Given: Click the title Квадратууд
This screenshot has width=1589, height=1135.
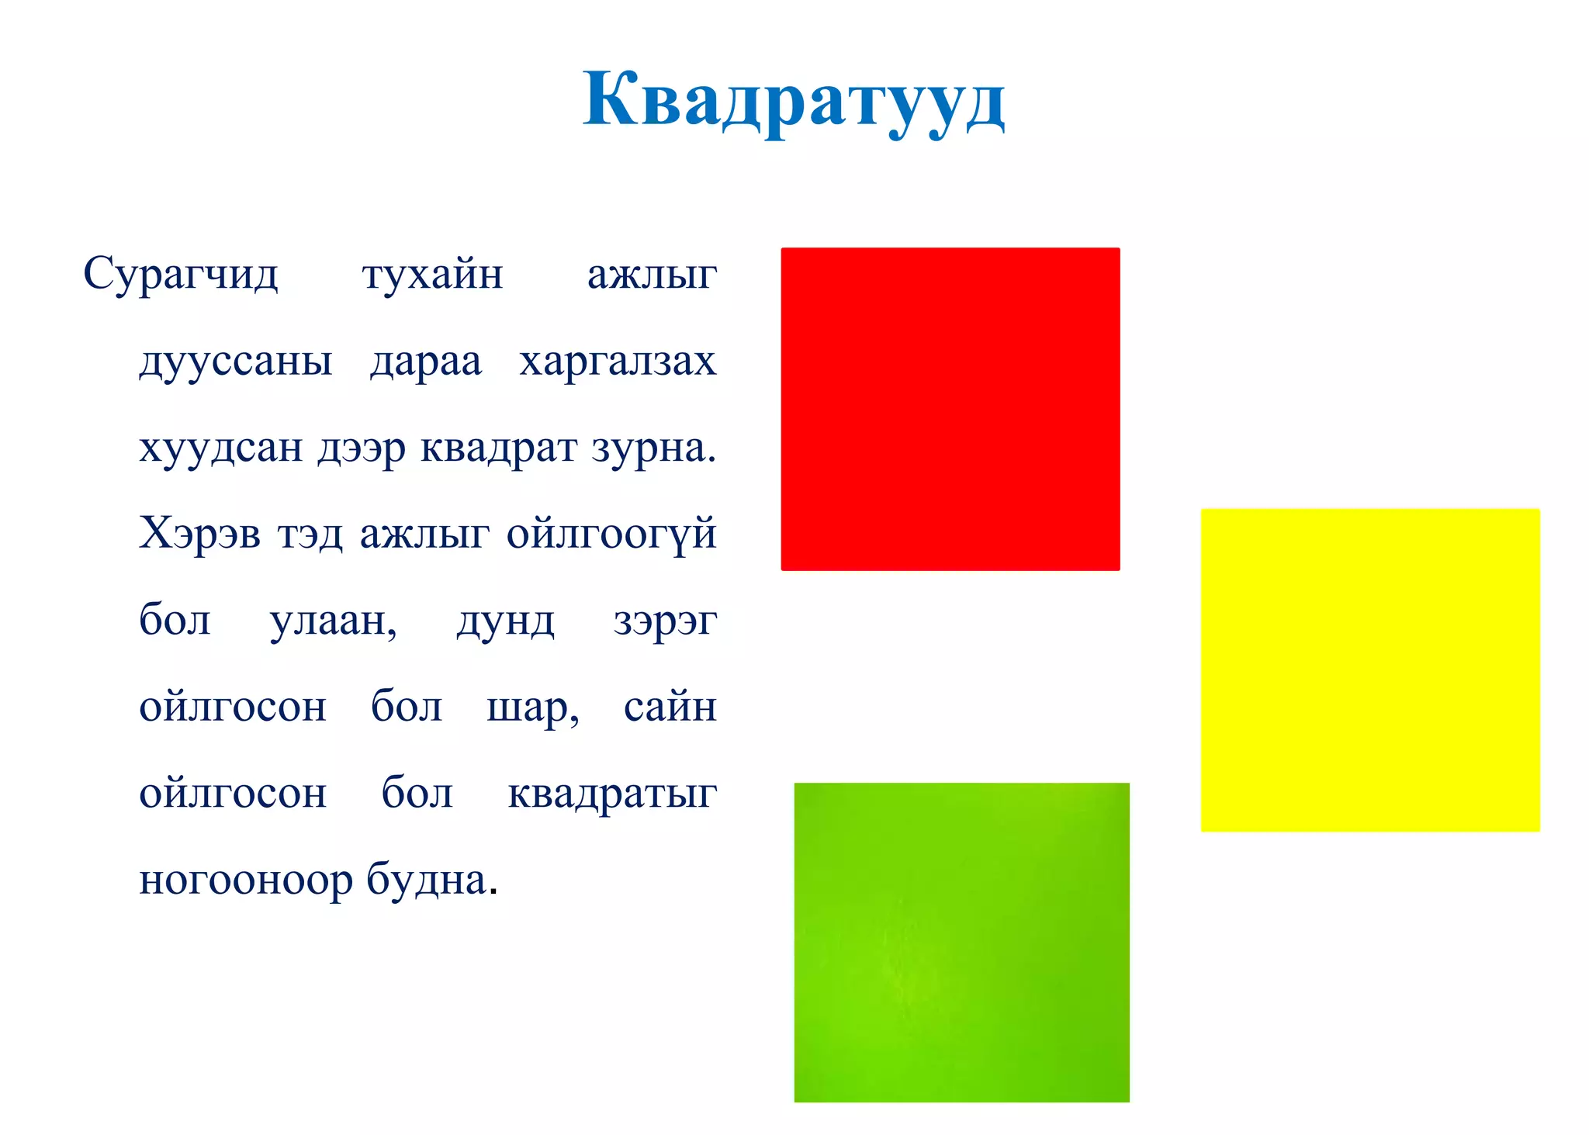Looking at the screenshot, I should (794, 101).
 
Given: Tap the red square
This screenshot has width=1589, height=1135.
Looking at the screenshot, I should (950, 409).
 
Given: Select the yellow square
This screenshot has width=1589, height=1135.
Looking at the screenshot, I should (1369, 670).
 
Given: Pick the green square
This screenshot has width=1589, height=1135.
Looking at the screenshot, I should (961, 942).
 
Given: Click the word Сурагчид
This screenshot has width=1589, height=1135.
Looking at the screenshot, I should (180, 275).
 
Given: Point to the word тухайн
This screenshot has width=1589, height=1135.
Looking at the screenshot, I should (432, 275).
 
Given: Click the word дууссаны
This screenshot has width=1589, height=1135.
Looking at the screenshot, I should (236, 362).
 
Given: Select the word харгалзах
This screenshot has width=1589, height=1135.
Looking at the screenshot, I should (618, 362).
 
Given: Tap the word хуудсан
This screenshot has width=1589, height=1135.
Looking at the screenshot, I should (220, 448).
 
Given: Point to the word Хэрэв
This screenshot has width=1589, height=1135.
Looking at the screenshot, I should (199, 534).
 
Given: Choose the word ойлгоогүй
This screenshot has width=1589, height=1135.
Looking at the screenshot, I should (611, 534).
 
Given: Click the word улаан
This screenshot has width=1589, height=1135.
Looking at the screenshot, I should (333, 621).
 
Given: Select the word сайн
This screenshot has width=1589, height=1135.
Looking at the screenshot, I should (670, 707).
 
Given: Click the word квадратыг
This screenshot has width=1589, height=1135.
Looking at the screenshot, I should (612, 794).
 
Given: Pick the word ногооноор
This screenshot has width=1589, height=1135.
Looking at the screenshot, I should (245, 881).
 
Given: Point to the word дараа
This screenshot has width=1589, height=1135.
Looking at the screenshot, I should (426, 362).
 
